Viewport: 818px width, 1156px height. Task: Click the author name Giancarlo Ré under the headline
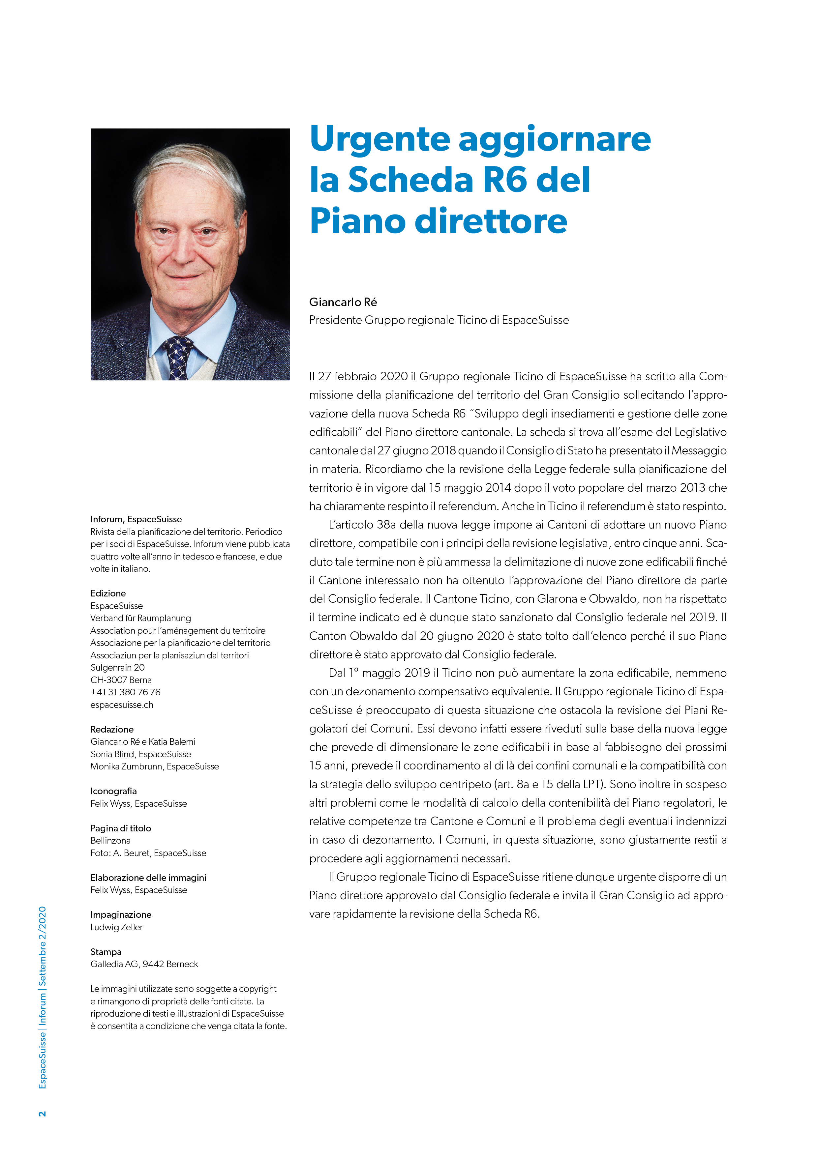(x=343, y=302)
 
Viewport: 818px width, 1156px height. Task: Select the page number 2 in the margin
(x=42, y=1113)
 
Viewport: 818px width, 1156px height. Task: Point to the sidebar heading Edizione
(x=108, y=593)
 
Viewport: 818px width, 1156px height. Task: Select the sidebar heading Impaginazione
(x=121, y=914)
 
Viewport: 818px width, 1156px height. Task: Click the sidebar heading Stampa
(x=106, y=952)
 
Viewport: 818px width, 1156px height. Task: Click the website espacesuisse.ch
(x=122, y=705)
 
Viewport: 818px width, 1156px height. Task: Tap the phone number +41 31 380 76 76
(x=125, y=692)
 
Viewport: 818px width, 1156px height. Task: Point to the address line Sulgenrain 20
(x=117, y=668)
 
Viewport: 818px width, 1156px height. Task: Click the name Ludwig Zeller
(x=116, y=927)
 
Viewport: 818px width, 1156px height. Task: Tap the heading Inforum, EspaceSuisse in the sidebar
(x=136, y=519)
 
